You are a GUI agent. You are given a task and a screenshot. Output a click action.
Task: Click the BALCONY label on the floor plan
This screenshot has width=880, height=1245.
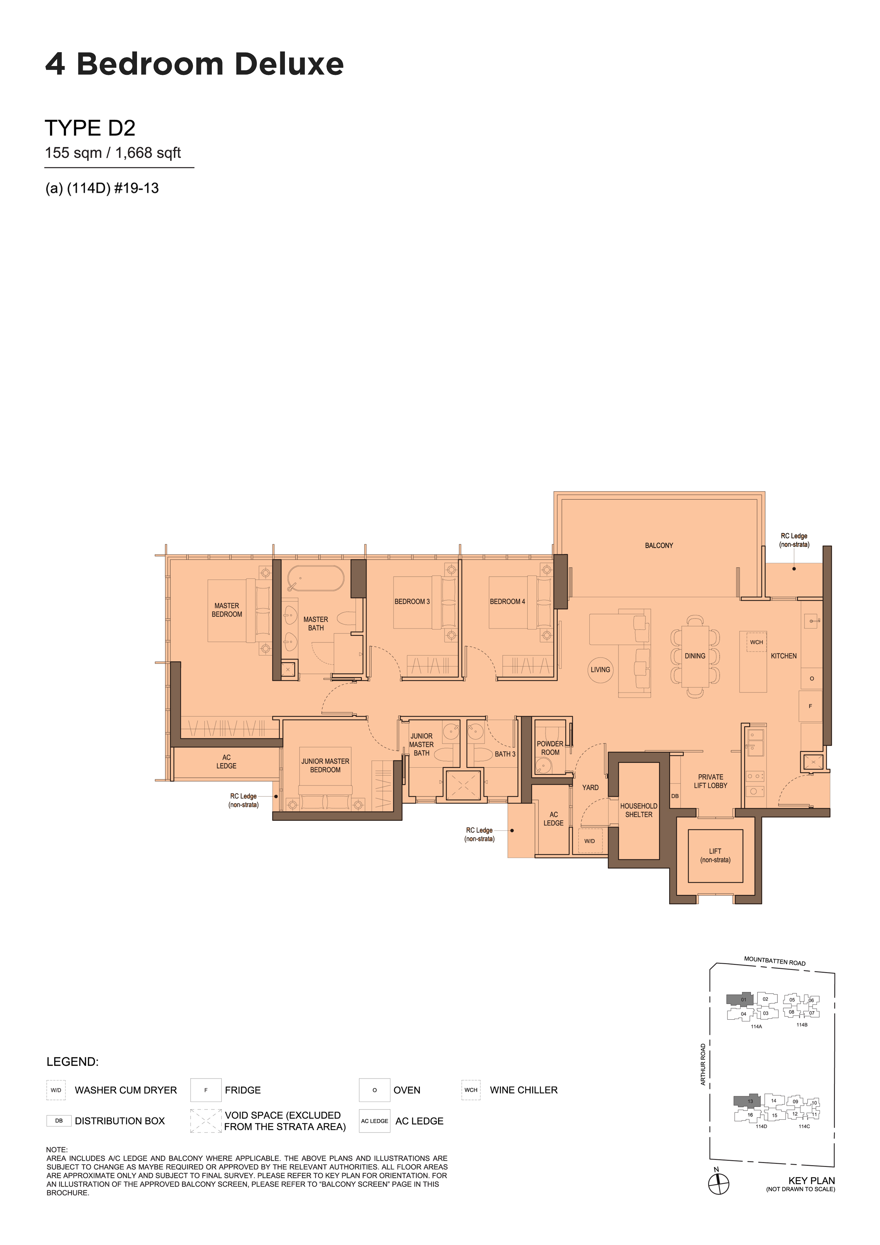click(659, 545)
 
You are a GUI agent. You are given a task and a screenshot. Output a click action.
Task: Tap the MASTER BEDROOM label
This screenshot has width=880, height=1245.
click(227, 610)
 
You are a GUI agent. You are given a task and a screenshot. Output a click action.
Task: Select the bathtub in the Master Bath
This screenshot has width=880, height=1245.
click(315, 579)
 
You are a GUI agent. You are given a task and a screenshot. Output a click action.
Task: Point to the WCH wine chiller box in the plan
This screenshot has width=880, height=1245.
click(757, 642)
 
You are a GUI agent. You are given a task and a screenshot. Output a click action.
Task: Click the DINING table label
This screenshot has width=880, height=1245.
click(694, 656)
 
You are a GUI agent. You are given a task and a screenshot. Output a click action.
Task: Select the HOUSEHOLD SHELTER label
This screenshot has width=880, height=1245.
click(639, 810)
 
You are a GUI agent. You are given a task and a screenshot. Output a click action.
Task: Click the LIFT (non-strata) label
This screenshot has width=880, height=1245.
click(715, 856)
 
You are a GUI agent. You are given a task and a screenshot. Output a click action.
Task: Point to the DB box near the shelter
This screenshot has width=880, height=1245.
click(675, 796)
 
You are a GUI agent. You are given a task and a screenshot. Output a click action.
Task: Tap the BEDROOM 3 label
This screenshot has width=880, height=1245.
click(412, 601)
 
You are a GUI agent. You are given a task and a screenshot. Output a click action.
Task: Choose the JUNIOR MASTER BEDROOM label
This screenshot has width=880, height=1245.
click(325, 766)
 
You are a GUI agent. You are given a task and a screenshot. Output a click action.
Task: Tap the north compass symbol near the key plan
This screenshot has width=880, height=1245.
click(719, 1183)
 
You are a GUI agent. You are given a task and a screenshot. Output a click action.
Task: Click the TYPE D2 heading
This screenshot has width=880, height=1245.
click(90, 128)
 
